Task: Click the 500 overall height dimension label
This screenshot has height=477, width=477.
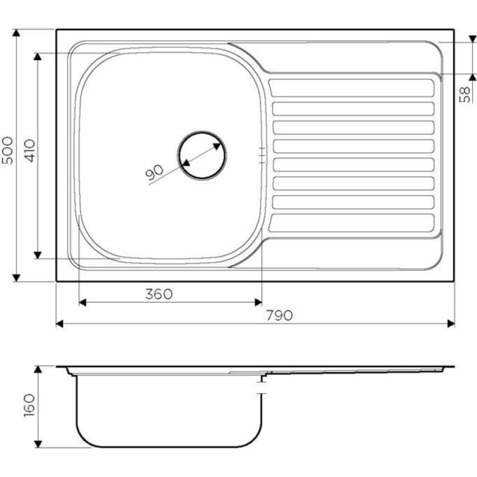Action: coord(8,150)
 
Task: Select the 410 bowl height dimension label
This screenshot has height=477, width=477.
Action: coord(29,150)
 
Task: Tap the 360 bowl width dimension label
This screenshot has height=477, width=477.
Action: coord(159,293)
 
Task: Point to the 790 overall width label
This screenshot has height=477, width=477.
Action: coord(279,315)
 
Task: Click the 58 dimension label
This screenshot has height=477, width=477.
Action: coord(464,95)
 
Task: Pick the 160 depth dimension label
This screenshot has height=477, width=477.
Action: coord(29,405)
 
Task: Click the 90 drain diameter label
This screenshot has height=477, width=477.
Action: coord(154,172)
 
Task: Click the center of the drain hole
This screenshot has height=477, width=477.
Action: coord(202,155)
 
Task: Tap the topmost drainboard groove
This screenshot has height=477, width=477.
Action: coord(351,88)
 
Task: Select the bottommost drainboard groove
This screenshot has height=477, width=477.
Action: coord(351,222)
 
